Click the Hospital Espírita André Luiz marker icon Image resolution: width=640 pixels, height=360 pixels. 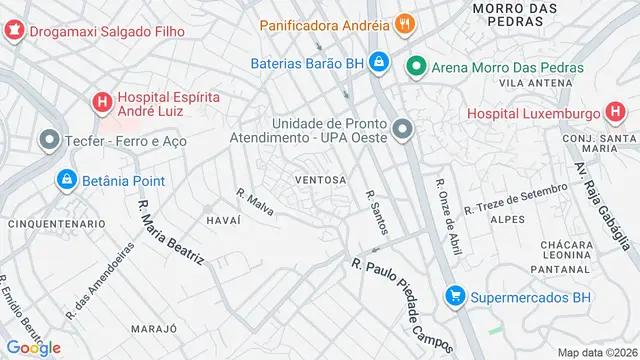pos(101,101)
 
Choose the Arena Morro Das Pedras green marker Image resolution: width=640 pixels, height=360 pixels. pos(417,68)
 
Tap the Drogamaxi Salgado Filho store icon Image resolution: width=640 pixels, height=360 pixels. pos(13,30)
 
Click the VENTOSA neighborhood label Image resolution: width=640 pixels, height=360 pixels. pos(320,181)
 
